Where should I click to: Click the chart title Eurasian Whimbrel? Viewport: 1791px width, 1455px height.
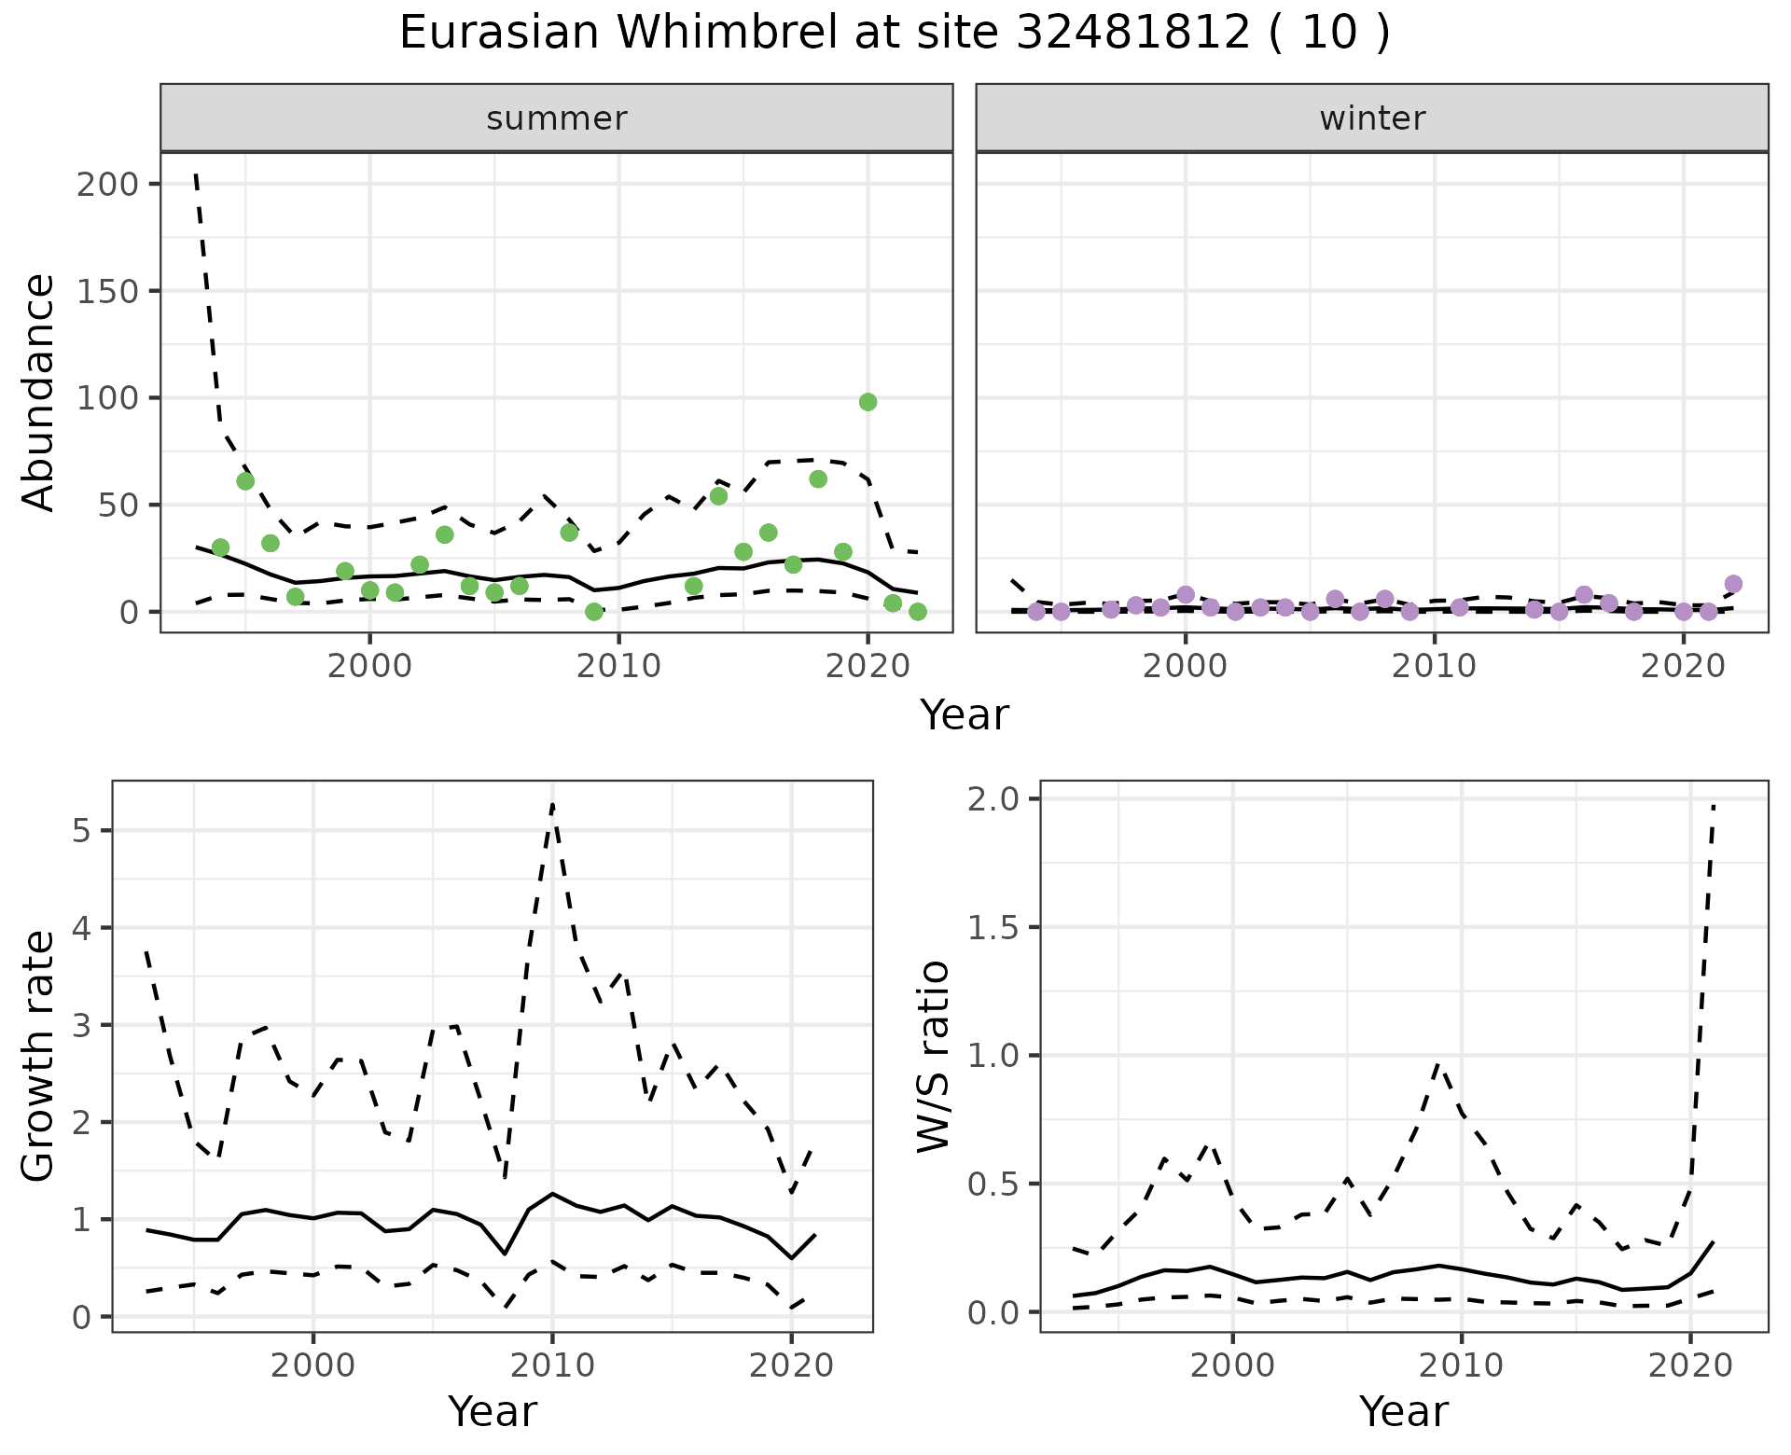pyautogui.click(x=894, y=34)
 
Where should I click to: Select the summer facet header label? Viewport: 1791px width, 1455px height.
pyautogui.click(x=556, y=118)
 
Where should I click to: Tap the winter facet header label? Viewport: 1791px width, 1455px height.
pyautogui.click(x=1371, y=118)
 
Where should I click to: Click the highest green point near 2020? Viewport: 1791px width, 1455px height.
pyautogui.click(x=868, y=402)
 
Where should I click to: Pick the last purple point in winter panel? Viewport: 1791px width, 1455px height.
pyautogui.click(x=1733, y=584)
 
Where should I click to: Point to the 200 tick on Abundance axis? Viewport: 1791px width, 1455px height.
pyautogui.click(x=107, y=184)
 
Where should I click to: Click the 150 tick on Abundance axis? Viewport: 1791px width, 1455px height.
pyautogui.click(x=107, y=291)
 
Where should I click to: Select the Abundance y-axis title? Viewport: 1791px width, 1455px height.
pyautogui.click(x=39, y=392)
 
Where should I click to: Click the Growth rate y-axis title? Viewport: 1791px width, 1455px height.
pyautogui.click(x=39, y=1056)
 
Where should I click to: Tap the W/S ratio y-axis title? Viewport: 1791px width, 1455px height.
pyautogui.click(x=933, y=1056)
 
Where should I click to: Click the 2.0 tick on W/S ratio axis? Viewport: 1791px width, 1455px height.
pyautogui.click(x=996, y=799)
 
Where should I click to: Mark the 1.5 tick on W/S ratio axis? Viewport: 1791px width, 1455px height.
pyautogui.click(x=996, y=927)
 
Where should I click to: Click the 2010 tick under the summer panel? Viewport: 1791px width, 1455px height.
pyautogui.click(x=618, y=666)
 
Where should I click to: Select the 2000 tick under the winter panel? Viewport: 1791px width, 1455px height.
pyautogui.click(x=1186, y=666)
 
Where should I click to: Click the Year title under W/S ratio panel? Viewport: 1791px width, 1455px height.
pyautogui.click(x=1403, y=1411)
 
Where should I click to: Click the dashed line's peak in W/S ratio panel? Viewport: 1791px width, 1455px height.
pyautogui.click(x=1715, y=804)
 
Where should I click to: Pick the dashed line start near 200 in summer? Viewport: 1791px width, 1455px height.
pyautogui.click(x=196, y=174)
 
